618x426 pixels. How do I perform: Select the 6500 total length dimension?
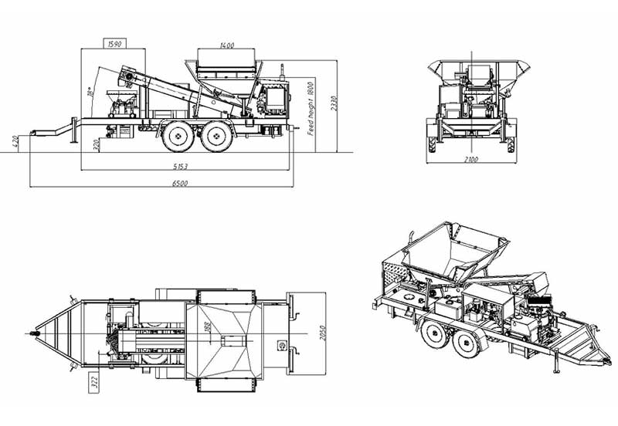tap(182, 184)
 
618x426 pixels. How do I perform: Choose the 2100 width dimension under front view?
tap(471, 160)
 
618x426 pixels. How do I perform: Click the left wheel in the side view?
tap(178, 138)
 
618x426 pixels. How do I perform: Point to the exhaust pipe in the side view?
tap(283, 73)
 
